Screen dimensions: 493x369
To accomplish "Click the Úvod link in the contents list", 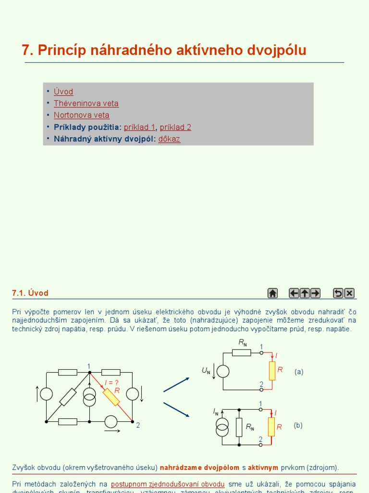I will pos(63,91).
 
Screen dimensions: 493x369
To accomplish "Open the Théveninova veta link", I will pos(86,104).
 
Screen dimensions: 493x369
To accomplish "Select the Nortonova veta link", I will pos(81,116).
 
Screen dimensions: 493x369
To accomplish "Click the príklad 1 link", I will pos(139,128).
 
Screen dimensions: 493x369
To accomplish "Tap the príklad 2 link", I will pos(175,128).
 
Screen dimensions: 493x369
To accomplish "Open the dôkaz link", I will pos(169,140).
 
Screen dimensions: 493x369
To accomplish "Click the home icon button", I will pos(272,293).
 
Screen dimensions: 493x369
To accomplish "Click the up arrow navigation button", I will pos(305,293).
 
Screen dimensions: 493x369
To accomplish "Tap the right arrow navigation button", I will pos(315,293).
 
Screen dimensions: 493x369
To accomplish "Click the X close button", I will pos(349,293).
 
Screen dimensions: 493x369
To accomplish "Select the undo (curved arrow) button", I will pos(338,293).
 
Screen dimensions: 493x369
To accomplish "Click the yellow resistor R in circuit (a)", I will pos(272,371).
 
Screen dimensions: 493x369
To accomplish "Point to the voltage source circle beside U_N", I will pos(223,371).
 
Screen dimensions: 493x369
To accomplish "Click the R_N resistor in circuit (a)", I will pos(242,352).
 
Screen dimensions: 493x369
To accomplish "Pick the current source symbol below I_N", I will pos(222,427).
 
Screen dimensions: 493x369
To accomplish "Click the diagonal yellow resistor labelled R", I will pos(111,397).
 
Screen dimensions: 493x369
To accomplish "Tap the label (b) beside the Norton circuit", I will pos(298,426).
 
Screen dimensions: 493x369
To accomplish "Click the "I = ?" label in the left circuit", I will pos(111,383).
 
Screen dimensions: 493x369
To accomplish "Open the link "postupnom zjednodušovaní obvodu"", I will pos(168,484).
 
